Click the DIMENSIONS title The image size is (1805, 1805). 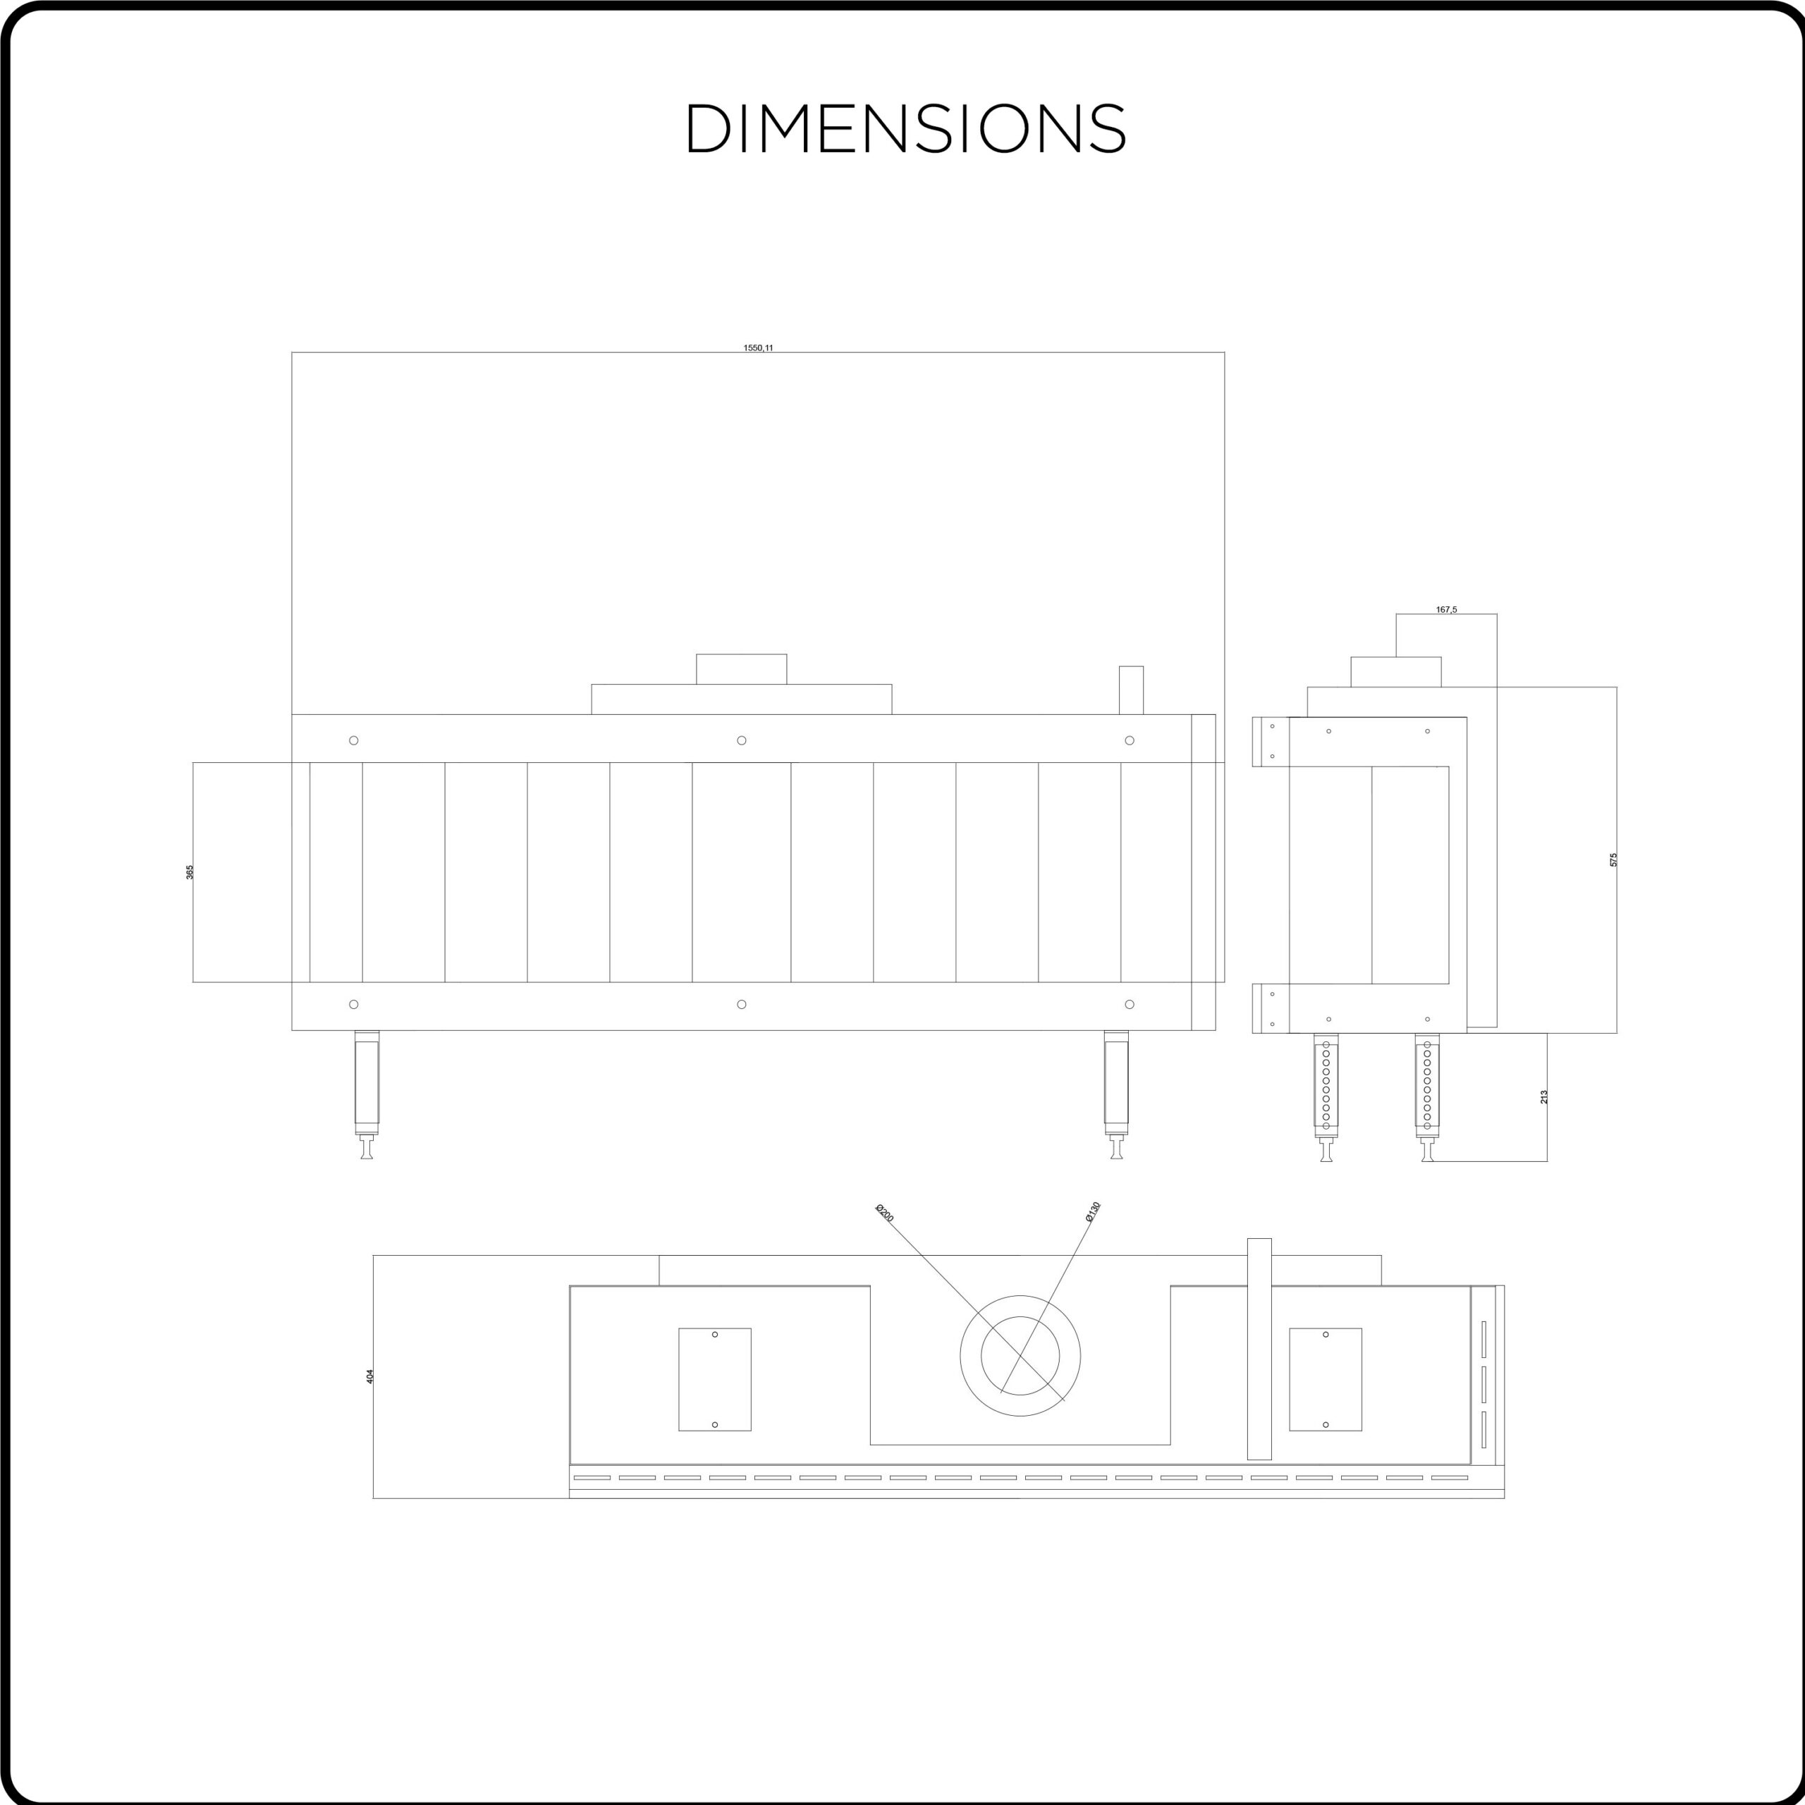(906, 128)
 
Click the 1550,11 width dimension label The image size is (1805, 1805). (758, 348)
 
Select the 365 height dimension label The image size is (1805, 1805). (190, 871)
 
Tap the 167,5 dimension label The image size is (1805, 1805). (1446, 610)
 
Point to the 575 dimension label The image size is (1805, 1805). (1613, 859)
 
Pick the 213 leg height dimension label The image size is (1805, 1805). (1544, 1097)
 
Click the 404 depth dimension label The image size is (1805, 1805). (370, 1376)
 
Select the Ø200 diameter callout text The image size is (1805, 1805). (883, 1213)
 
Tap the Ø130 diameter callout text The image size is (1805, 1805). (1093, 1212)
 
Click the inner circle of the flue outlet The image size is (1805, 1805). (1020, 1316)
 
